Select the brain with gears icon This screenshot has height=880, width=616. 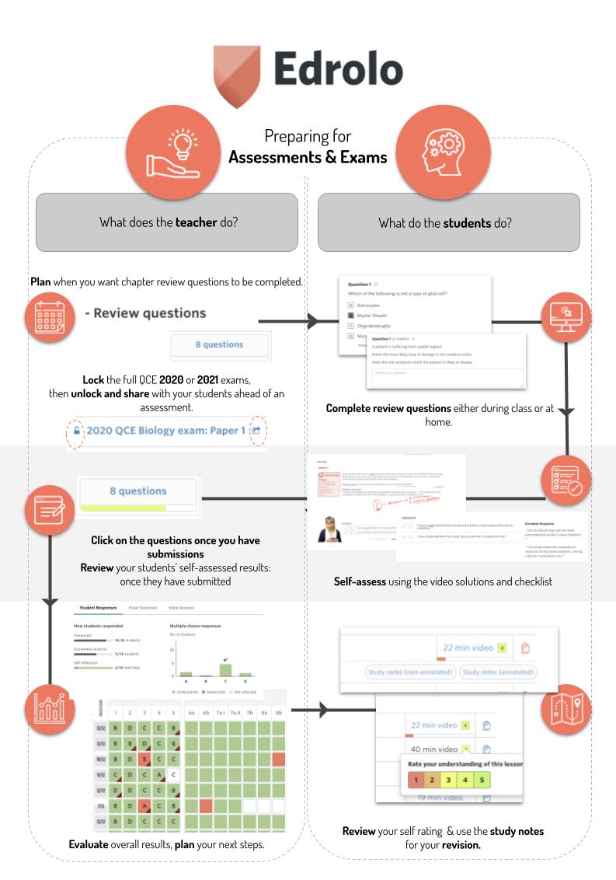[x=439, y=148]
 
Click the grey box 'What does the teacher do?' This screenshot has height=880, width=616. [x=168, y=222]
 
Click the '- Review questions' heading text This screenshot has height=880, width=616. [x=145, y=313]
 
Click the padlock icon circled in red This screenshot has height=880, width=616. [x=75, y=431]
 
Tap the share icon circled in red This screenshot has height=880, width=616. [x=257, y=431]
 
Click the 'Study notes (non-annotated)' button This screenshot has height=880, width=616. [x=409, y=672]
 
